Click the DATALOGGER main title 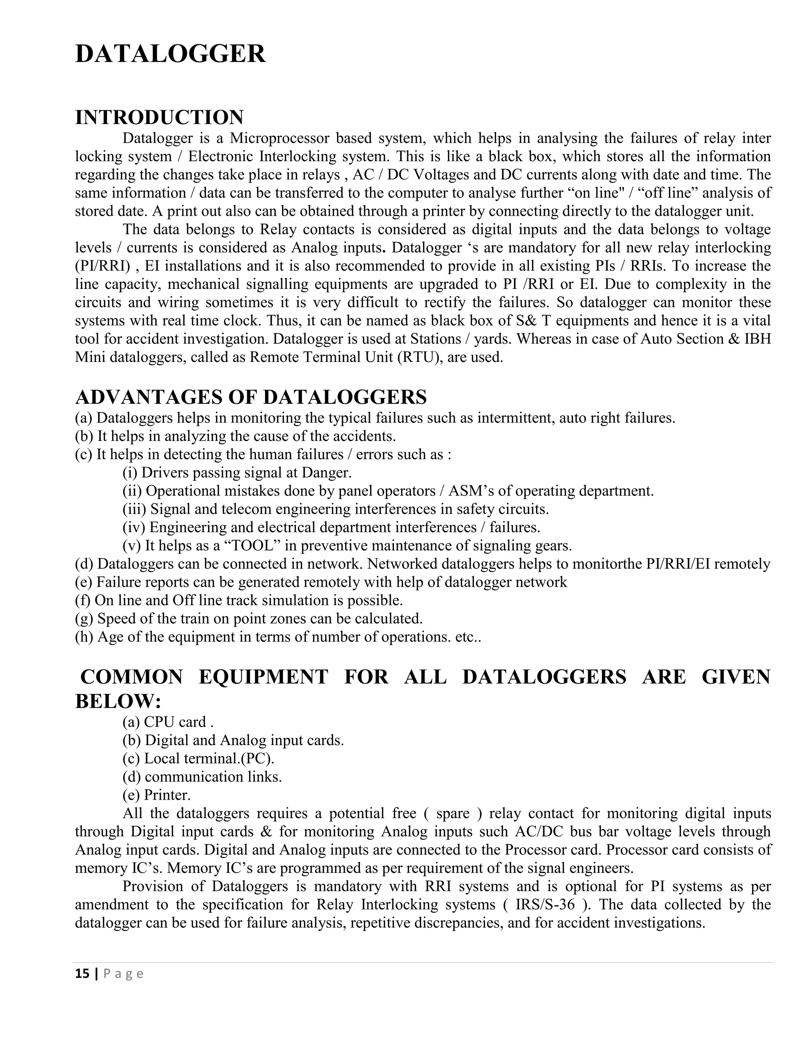pyautogui.click(x=170, y=54)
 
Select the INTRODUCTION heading pyautogui.click(x=159, y=117)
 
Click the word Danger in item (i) pyautogui.click(x=326, y=473)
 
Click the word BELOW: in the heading pyautogui.click(x=118, y=701)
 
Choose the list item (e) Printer pyautogui.click(x=157, y=795)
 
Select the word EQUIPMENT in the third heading pyautogui.click(x=263, y=677)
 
